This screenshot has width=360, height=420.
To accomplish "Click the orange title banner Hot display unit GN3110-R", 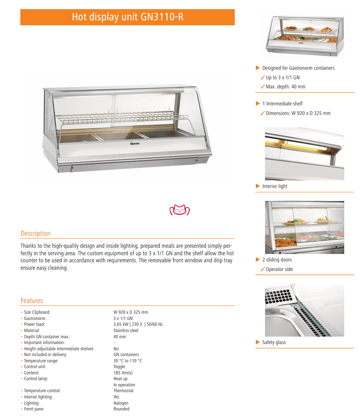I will (x=127, y=17).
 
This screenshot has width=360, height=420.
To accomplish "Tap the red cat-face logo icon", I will (x=180, y=210).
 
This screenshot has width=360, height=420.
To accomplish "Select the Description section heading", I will (x=36, y=233).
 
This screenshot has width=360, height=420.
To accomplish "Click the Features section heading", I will (x=32, y=300).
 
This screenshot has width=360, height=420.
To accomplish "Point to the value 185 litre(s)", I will (x=123, y=373).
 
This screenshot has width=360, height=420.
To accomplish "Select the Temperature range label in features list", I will (x=41, y=361).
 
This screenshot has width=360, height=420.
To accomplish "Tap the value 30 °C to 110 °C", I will (x=128, y=361).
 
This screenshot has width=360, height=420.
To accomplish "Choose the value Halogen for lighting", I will (x=121, y=403).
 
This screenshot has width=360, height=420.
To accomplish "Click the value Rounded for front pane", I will (x=122, y=409).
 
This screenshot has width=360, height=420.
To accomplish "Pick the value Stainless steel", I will (x=126, y=330).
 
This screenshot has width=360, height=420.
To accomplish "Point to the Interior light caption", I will (x=275, y=186).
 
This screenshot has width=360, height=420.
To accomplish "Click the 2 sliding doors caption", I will (x=277, y=260).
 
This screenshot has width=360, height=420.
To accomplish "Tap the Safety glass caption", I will (x=274, y=342).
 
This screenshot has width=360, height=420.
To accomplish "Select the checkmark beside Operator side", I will (x=263, y=269).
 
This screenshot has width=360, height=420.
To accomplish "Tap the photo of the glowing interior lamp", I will (x=304, y=153).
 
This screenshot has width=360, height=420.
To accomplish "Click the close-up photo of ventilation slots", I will (x=304, y=310).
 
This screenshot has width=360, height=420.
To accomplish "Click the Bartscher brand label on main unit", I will (x=135, y=144).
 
